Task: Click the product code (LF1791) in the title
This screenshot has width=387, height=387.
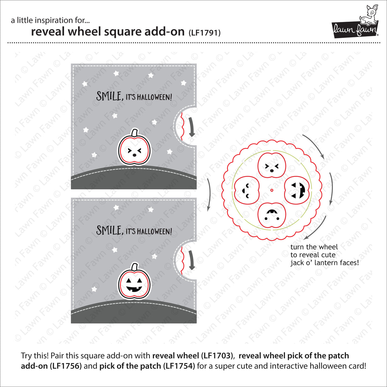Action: click(x=204, y=33)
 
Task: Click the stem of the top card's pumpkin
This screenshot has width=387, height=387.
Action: click(x=135, y=132)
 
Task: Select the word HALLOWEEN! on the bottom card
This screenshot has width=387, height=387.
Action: click(x=155, y=231)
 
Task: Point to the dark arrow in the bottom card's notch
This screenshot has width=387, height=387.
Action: click(x=191, y=260)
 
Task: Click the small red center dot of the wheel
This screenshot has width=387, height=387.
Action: click(x=272, y=190)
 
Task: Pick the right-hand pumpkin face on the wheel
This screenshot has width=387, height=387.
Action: click(x=296, y=190)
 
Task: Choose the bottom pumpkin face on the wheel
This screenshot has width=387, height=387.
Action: click(x=272, y=215)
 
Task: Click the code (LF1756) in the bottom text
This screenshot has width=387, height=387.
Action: click(x=65, y=366)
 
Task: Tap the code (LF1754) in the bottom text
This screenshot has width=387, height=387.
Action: click(x=179, y=366)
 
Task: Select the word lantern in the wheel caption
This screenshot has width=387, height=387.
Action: click(x=319, y=263)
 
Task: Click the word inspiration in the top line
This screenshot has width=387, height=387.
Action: click(x=51, y=20)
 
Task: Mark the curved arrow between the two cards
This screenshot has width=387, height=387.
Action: click(x=209, y=194)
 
